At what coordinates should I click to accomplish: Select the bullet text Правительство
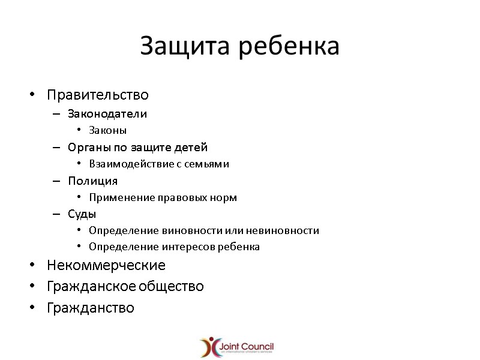98,95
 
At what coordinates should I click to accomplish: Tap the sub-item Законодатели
107,113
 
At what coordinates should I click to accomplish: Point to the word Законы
107,130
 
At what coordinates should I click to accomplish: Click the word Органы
88,147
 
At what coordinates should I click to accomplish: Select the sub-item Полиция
92,181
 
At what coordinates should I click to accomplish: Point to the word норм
224,197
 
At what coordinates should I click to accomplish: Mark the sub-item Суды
82,214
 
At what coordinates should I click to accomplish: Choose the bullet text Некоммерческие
106,265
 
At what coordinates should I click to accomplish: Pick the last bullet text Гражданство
91,308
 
